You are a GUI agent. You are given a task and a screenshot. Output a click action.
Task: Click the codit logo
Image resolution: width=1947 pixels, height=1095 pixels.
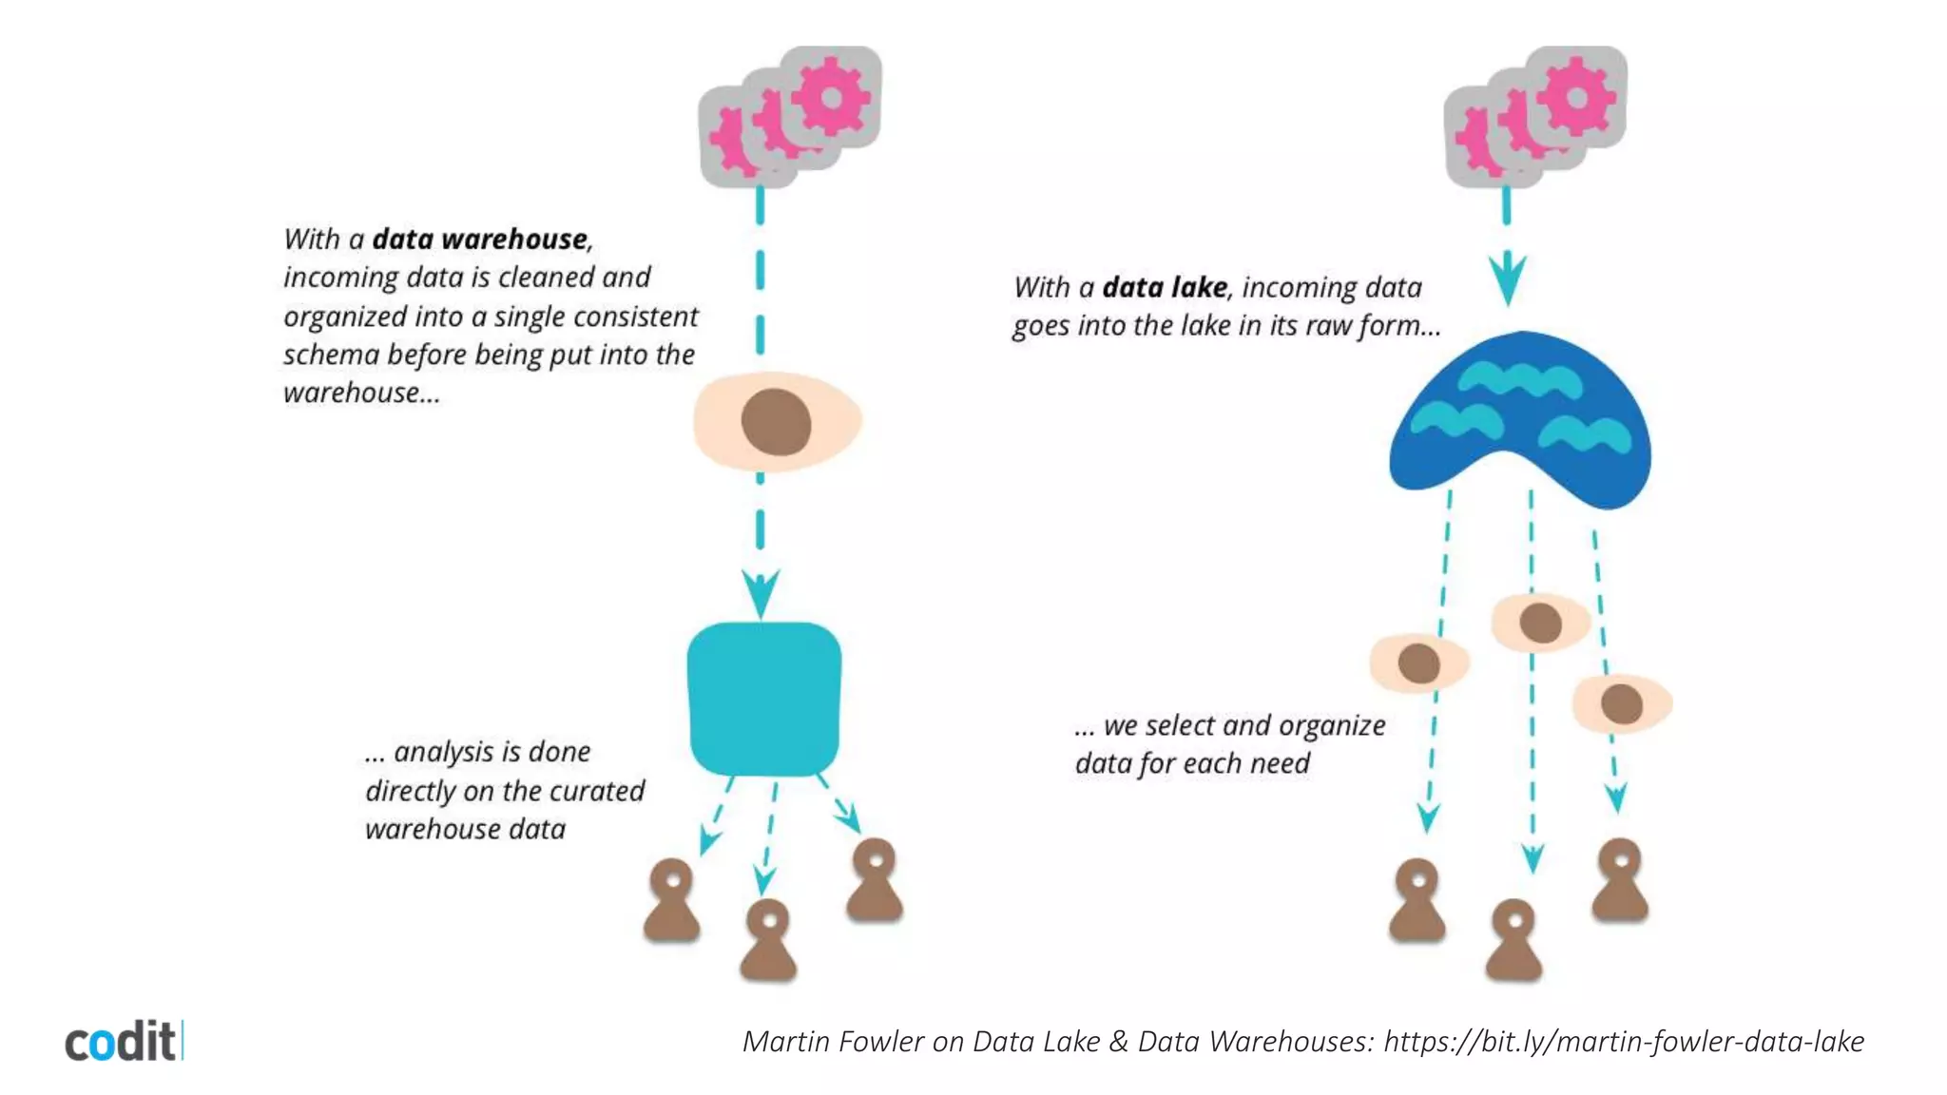click(123, 1041)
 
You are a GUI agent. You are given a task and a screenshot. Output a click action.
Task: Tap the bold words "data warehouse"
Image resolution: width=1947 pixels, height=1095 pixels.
click(480, 239)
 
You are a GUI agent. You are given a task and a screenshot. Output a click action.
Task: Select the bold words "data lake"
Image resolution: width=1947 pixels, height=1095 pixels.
click(1165, 287)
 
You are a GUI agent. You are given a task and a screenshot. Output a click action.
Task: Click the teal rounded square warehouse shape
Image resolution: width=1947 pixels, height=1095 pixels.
click(763, 699)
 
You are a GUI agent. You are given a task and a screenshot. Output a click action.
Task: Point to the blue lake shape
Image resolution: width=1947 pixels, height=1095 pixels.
click(1519, 418)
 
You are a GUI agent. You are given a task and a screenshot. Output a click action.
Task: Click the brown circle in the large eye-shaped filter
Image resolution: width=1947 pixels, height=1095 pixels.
click(776, 422)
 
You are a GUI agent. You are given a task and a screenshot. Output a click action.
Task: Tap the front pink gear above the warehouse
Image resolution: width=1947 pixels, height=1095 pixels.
click(831, 96)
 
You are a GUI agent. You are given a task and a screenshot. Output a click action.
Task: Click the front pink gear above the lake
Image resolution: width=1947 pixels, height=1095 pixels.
click(1576, 96)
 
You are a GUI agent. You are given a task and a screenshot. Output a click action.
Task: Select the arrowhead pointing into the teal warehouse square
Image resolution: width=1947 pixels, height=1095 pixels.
click(761, 593)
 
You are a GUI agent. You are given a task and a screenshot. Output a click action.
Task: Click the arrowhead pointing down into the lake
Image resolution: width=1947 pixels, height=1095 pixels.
click(1508, 279)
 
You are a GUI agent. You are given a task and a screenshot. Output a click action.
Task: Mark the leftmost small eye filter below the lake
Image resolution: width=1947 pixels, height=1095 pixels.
click(1419, 663)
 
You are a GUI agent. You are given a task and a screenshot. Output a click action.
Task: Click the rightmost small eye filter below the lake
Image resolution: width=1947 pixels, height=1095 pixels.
click(1622, 704)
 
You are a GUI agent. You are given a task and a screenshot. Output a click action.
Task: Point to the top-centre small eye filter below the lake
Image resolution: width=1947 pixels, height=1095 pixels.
click(1540, 624)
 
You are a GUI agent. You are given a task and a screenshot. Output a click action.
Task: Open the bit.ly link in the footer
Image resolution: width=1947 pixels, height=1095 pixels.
click(1624, 1042)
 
